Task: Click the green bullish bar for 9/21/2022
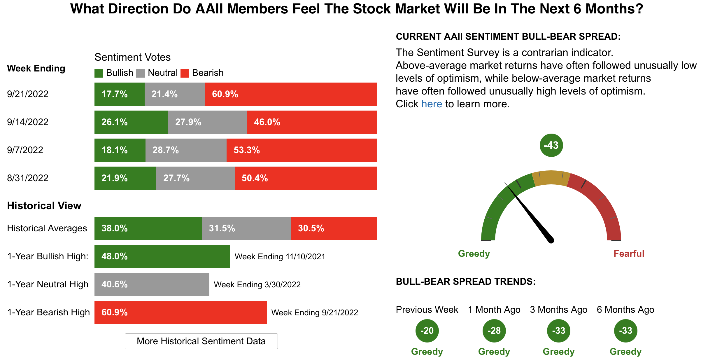point(119,94)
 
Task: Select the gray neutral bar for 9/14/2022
point(208,122)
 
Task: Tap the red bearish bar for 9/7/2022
point(302,150)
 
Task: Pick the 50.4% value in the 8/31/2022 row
point(255,178)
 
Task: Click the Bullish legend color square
point(99,73)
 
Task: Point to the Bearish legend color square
point(185,73)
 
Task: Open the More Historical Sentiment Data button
point(201,341)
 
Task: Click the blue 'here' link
point(432,104)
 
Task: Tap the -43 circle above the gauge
point(551,145)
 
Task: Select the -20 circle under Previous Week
point(427,331)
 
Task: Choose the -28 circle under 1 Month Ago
point(494,331)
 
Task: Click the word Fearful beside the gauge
point(629,254)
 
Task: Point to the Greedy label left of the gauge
point(474,254)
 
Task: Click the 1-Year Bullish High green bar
point(162,256)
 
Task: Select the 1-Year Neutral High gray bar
point(152,284)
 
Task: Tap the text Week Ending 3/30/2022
point(257,284)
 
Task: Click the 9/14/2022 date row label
point(28,122)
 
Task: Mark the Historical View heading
point(44,206)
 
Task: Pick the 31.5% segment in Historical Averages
point(246,228)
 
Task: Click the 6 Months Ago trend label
point(625,310)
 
